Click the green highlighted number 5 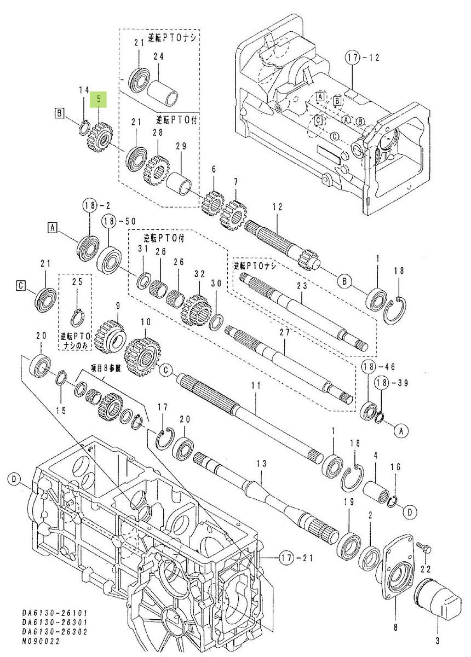(x=99, y=100)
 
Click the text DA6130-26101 (x=47, y=613)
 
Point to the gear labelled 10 (x=143, y=357)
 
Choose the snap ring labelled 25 (x=78, y=317)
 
